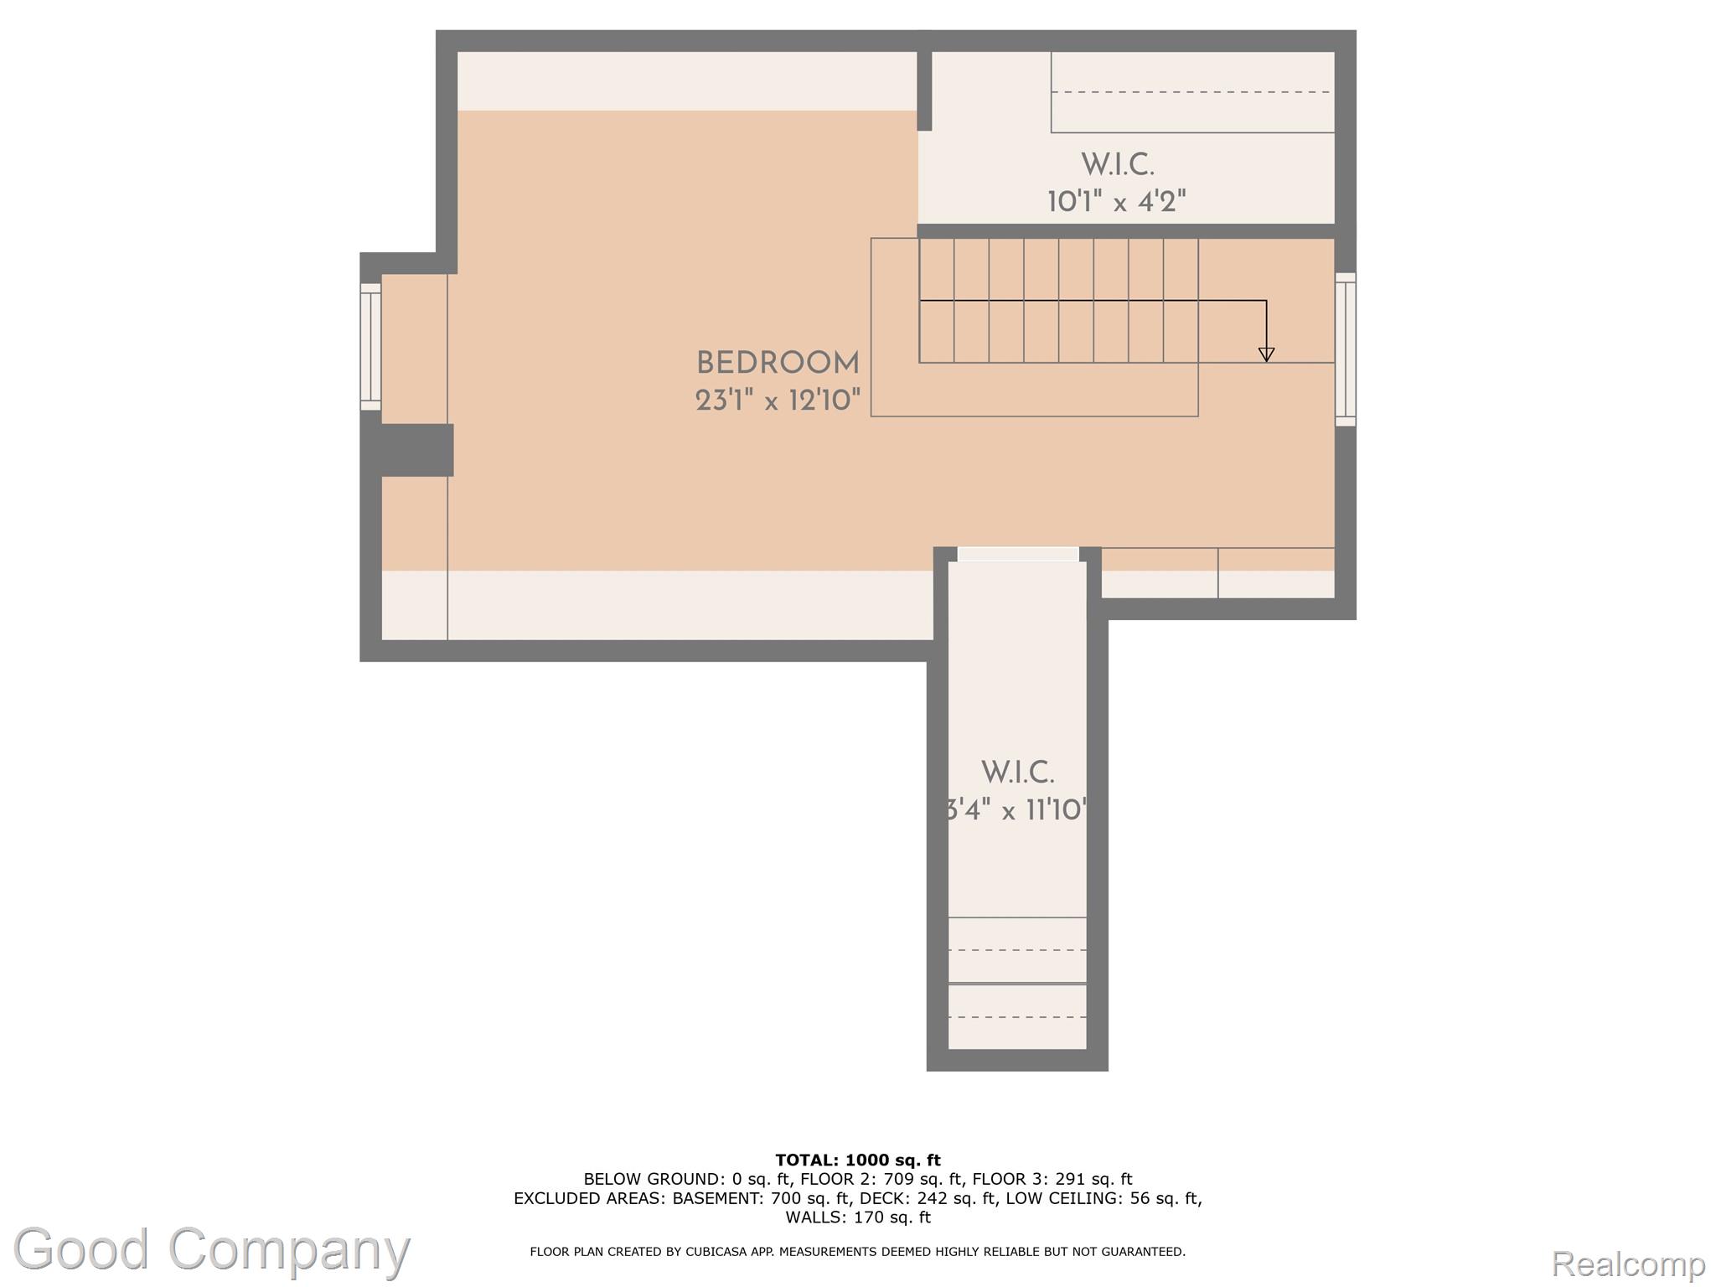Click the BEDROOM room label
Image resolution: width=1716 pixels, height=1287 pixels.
[777, 364]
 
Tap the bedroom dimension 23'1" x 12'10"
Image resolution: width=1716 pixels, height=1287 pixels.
[777, 401]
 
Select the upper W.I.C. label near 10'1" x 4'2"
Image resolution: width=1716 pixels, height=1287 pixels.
[1117, 165]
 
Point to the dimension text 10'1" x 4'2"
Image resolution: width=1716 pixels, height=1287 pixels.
[1116, 202]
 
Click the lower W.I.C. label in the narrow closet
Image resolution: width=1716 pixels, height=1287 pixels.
[1017, 773]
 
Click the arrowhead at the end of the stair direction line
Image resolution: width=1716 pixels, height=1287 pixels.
[1266, 354]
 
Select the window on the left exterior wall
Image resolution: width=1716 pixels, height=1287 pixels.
[370, 346]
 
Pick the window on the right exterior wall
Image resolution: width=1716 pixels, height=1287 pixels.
[1345, 349]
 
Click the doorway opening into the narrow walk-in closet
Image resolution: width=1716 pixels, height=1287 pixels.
[1017, 554]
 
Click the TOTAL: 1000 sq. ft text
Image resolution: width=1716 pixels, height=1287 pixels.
[857, 1160]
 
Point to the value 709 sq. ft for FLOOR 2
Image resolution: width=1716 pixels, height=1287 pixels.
[923, 1179]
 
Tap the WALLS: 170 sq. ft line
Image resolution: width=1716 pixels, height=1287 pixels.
[857, 1217]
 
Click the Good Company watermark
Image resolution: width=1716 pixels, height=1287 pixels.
[211, 1249]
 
